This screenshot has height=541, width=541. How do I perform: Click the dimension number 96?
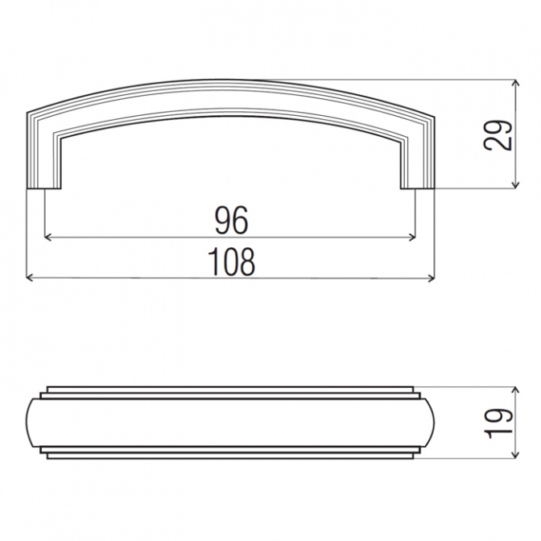pos(231,220)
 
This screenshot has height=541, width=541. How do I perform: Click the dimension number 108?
pos(232,262)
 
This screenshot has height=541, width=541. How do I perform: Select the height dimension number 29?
pos(498,135)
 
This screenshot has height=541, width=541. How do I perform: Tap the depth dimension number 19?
pos(498,423)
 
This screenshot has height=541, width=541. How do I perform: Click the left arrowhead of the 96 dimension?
pos(48,237)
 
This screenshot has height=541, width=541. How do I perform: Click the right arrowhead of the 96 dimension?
pos(412,237)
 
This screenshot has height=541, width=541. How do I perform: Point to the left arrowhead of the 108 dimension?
pos(30,278)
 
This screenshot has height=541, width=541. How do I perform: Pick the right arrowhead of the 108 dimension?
pos(431,278)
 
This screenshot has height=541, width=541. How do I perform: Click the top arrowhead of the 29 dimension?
pos(515,83)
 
